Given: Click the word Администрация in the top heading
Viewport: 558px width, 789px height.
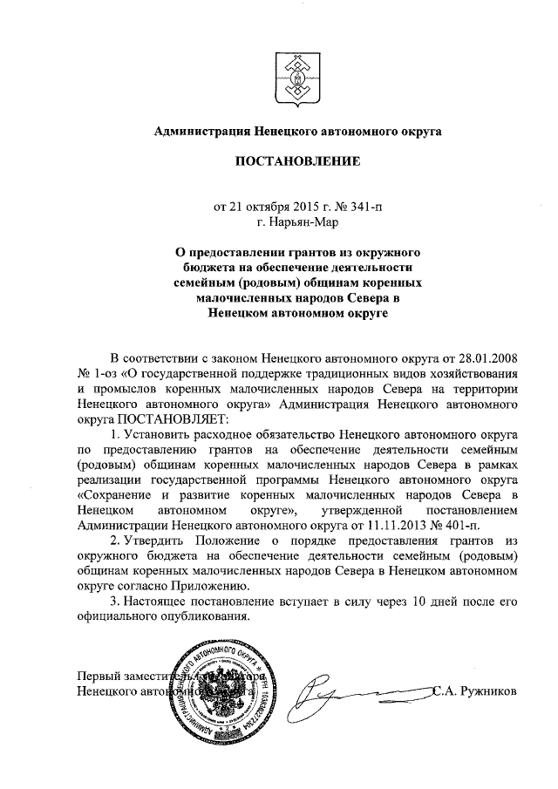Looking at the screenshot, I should coord(203,132).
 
